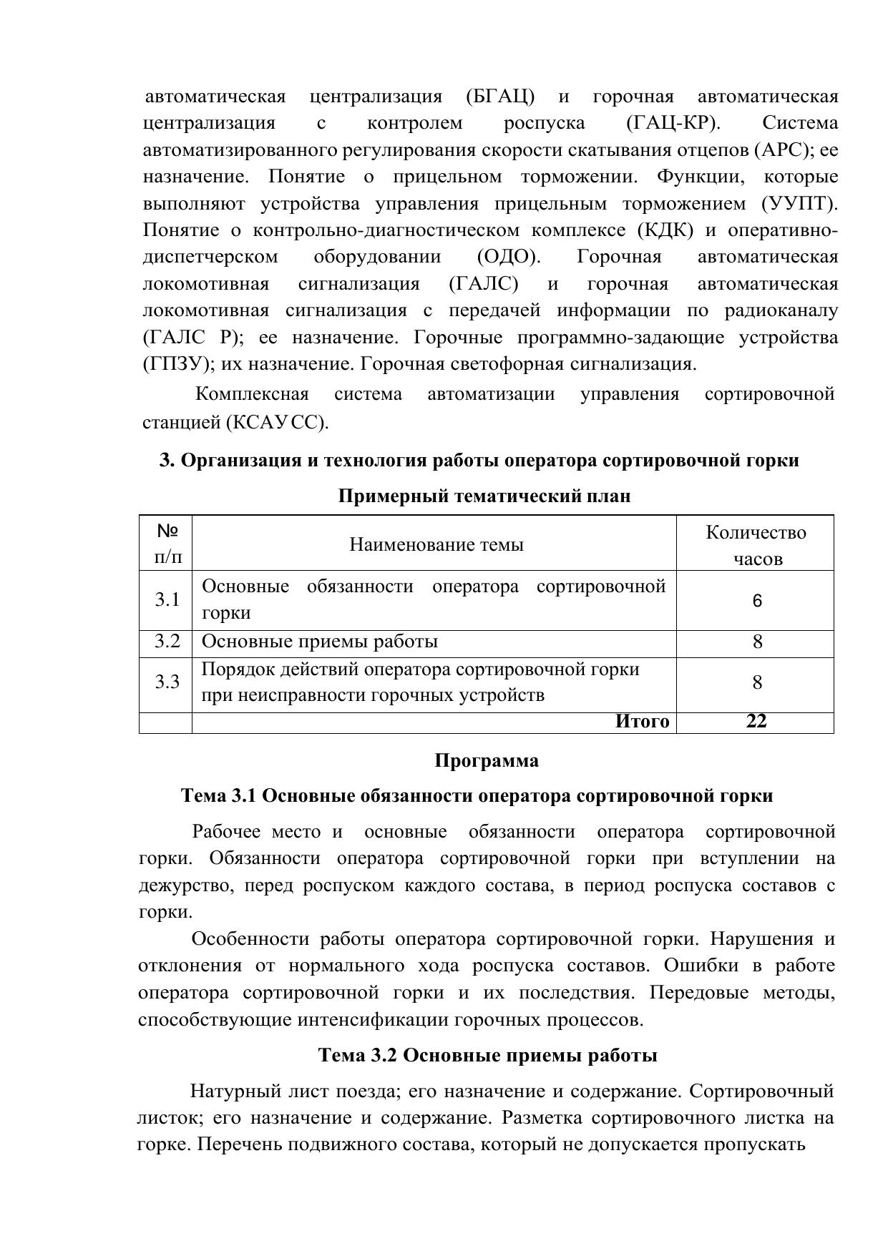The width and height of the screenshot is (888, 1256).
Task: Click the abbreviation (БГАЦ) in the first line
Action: click(x=500, y=97)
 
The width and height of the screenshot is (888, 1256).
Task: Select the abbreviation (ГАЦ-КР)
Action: click(x=673, y=123)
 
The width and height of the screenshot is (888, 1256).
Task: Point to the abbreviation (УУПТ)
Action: click(x=799, y=204)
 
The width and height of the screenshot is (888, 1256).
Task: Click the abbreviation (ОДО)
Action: click(x=508, y=257)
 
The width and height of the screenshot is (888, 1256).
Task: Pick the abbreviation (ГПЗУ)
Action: click(x=179, y=364)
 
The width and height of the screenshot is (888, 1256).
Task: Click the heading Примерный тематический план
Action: click(x=484, y=496)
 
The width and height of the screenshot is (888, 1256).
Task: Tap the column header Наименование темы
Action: click(x=436, y=545)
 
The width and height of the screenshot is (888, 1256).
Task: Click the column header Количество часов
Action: click(x=756, y=545)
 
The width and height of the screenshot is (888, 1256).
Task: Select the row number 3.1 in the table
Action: click(x=167, y=599)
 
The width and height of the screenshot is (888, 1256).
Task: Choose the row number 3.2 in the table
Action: click(x=167, y=642)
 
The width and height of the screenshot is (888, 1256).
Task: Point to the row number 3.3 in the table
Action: click(x=167, y=682)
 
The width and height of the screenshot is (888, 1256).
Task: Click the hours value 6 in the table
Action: click(x=757, y=601)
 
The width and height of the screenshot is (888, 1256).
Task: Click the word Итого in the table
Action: click(x=642, y=722)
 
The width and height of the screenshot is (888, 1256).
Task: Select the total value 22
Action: click(x=756, y=722)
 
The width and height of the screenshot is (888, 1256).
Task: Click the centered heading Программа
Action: click(x=487, y=761)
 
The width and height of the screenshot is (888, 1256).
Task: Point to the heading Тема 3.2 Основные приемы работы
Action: click(x=487, y=1056)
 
